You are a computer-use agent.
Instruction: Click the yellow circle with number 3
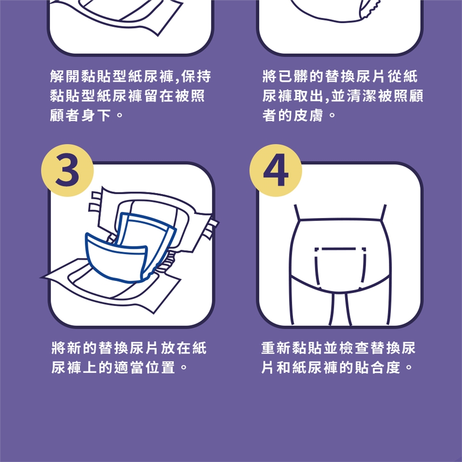(67, 170)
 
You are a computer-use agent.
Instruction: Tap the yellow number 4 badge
(276, 170)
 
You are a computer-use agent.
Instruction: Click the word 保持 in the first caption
(196, 77)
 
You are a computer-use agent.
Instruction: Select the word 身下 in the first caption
(96, 115)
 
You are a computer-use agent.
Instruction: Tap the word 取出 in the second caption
(308, 96)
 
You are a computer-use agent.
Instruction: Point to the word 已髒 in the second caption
(293, 77)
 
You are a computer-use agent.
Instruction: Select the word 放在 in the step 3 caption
(176, 347)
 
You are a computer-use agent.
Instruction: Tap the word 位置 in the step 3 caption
(161, 367)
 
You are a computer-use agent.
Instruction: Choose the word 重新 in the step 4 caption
(276, 347)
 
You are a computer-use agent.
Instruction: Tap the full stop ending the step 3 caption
(183, 367)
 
